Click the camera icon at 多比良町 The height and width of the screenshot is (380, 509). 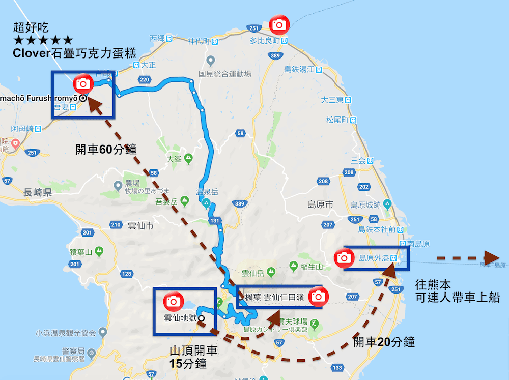coord(279,24)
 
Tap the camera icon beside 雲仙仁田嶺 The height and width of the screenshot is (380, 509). coord(318,296)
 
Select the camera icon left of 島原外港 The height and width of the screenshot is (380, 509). coord(344,257)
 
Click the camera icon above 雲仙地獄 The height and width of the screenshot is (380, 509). coord(173,301)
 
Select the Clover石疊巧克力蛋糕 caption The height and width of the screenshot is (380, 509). coord(75,53)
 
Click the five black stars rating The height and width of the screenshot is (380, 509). coord(43,40)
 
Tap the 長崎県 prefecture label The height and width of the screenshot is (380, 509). coord(38,192)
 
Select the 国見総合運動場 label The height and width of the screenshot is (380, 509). coord(225,74)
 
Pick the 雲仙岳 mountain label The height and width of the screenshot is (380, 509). coord(253,274)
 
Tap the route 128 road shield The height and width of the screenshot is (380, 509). coord(126,274)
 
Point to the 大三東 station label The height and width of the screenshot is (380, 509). coord(332,100)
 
